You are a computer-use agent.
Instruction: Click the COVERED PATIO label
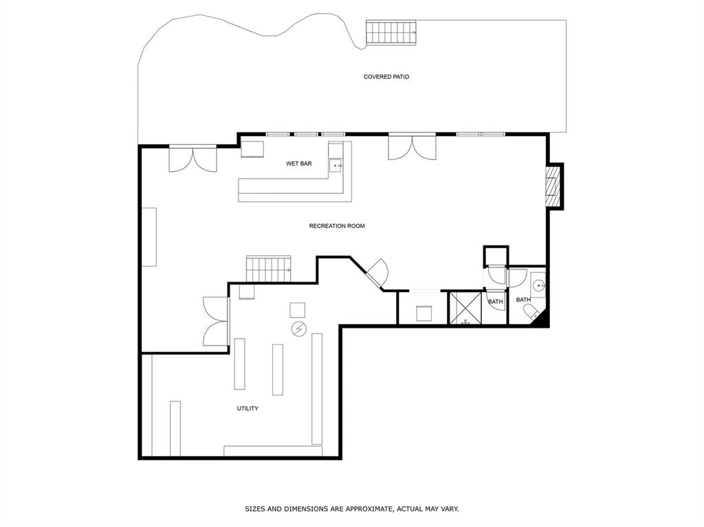click(386, 77)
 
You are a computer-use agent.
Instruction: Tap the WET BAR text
click(299, 164)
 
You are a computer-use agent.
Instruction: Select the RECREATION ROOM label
click(336, 226)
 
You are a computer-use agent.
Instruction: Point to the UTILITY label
click(247, 409)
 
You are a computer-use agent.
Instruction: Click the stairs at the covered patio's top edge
click(391, 32)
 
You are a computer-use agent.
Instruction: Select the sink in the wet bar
click(336, 166)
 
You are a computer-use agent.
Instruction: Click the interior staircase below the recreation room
click(268, 269)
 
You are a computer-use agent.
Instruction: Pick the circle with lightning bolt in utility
click(298, 329)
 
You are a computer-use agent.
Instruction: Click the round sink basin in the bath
click(538, 284)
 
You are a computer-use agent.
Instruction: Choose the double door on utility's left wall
click(216, 322)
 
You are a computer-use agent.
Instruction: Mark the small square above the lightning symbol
click(298, 309)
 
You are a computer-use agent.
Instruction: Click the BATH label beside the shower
click(495, 302)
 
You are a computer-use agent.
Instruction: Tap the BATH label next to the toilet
click(523, 300)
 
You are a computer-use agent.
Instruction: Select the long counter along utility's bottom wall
click(272, 451)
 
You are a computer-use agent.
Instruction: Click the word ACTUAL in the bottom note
click(414, 509)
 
